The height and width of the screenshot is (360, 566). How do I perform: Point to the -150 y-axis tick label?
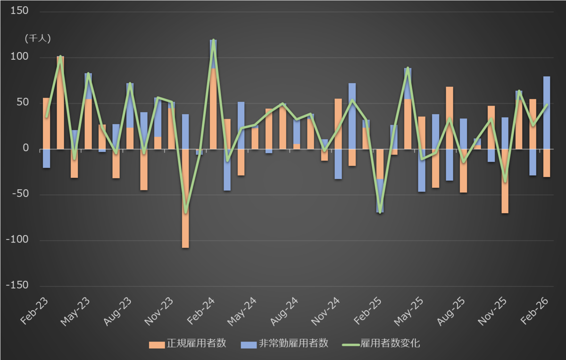click(17, 285)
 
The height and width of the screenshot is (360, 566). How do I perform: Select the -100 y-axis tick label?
click(17, 240)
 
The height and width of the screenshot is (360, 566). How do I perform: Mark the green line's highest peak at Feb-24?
click(213, 41)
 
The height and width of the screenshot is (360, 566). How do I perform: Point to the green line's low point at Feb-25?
click(380, 212)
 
